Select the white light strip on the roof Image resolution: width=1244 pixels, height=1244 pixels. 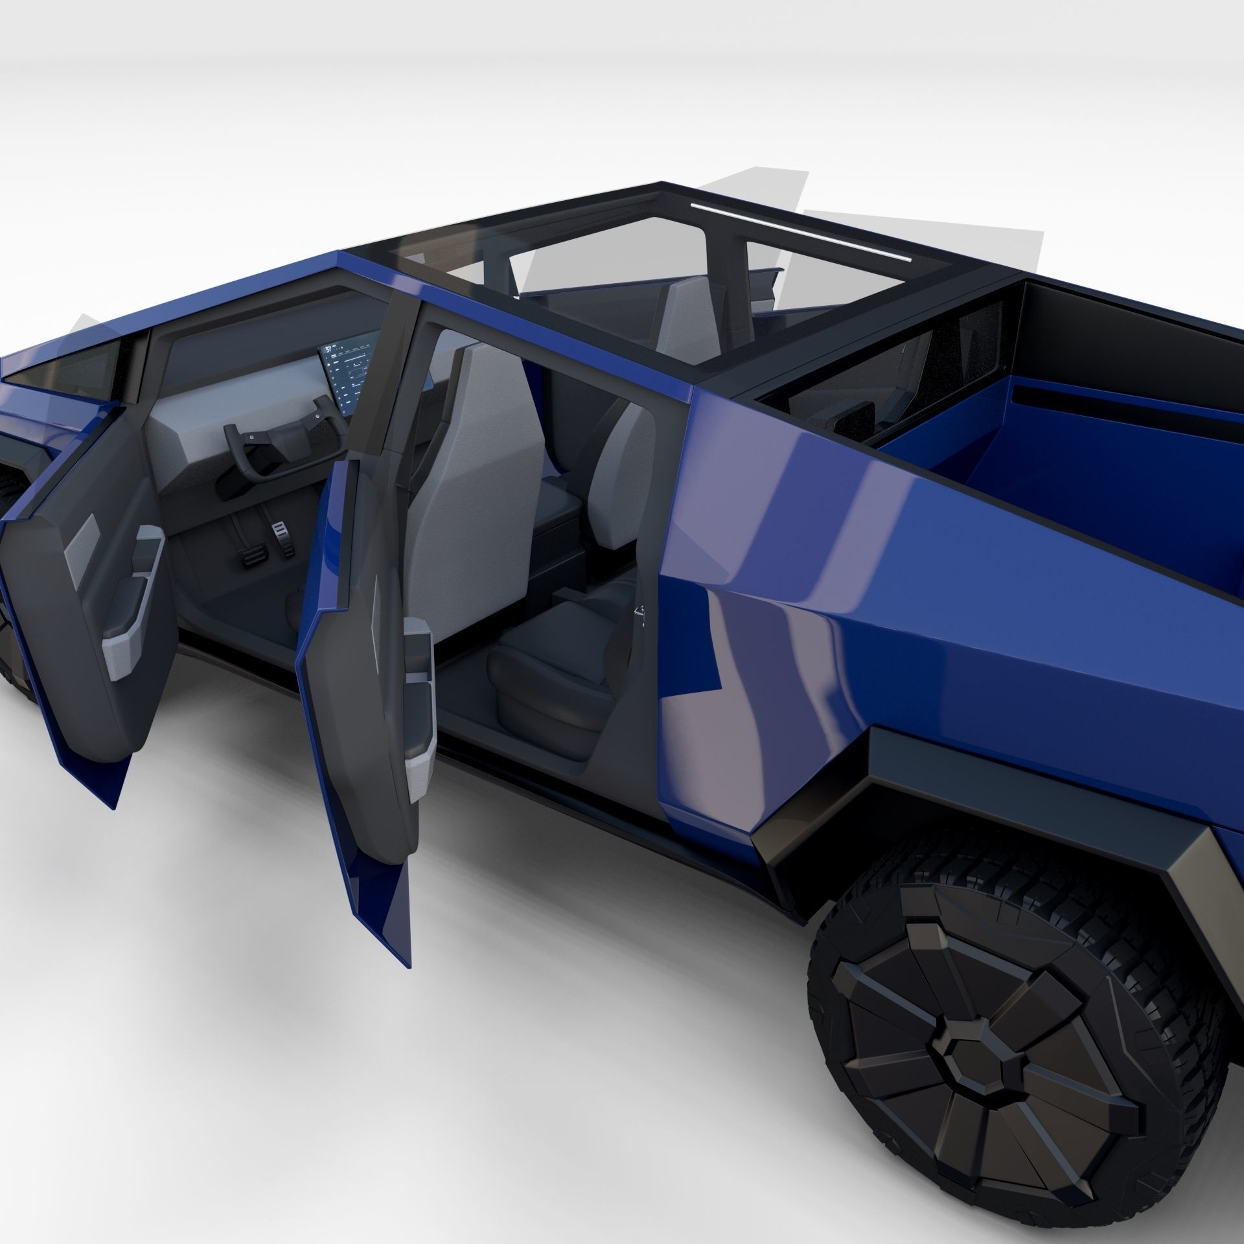click(801, 233)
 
